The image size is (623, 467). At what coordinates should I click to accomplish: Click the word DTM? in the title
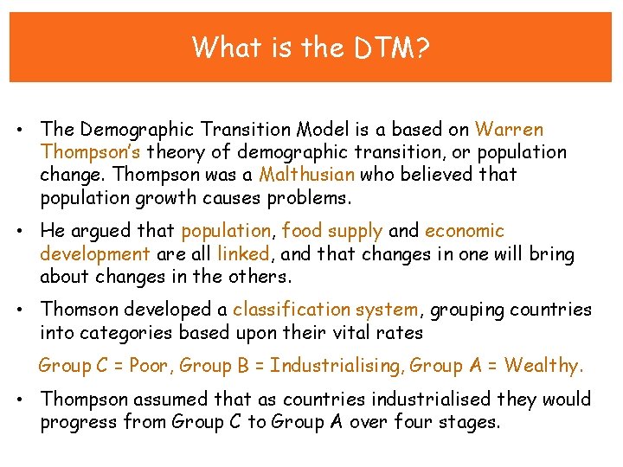pyautogui.click(x=392, y=47)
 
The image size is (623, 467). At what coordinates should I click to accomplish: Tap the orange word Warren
pyautogui.click(x=509, y=130)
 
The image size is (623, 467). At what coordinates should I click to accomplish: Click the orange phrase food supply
pyautogui.click(x=332, y=231)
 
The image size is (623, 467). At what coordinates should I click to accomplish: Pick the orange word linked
pyautogui.click(x=244, y=253)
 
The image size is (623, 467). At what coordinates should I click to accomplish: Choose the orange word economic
pyautogui.click(x=465, y=231)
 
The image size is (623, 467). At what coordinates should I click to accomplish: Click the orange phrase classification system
pyautogui.click(x=325, y=310)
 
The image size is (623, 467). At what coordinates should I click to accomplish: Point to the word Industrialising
pyautogui.click(x=336, y=366)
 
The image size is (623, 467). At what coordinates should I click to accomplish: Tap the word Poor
pyautogui.click(x=151, y=366)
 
